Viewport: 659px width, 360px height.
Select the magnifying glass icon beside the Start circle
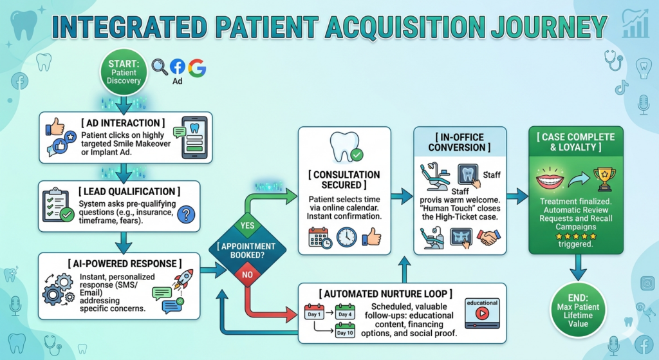tap(159, 66)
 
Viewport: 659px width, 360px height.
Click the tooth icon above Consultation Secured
tap(344, 147)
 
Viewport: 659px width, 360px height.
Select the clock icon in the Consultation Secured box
tap(346, 238)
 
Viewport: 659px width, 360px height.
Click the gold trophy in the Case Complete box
tap(603, 178)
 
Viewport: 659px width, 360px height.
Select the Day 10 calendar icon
tap(346, 332)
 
